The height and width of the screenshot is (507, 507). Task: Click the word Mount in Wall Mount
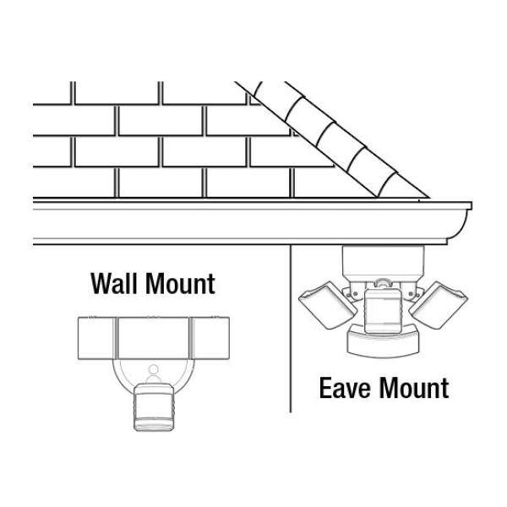click(181, 284)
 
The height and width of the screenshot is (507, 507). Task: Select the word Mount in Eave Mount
click(414, 388)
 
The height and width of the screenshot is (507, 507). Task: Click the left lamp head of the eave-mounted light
click(327, 305)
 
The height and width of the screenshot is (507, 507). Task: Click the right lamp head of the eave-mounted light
click(439, 305)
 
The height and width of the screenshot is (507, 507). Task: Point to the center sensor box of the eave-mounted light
click(383, 310)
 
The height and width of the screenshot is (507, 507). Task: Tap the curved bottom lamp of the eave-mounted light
click(383, 345)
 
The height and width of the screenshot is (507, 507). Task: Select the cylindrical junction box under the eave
click(383, 263)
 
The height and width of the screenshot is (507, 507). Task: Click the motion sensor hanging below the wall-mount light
click(154, 406)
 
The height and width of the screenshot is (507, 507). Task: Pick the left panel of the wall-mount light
click(96, 338)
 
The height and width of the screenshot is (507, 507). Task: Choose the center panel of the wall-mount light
click(153, 338)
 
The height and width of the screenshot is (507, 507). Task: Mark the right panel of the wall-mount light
click(210, 338)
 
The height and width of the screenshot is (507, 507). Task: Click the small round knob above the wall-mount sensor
click(154, 369)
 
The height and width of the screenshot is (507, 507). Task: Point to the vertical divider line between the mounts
click(291, 329)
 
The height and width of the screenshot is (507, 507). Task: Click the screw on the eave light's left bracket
click(356, 293)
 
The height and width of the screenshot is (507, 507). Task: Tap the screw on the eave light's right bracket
click(411, 293)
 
